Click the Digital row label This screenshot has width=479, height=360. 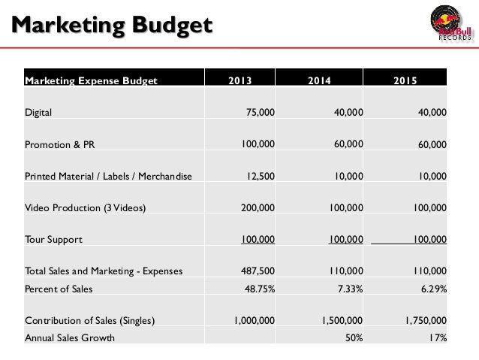tap(38, 113)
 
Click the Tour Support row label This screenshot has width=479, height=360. tap(53, 240)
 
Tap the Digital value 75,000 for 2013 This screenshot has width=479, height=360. tap(261, 113)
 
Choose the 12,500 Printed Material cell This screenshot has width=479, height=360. tap(258, 177)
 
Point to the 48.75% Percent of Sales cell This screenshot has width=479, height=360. tap(259, 288)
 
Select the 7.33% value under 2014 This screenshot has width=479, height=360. tap(348, 288)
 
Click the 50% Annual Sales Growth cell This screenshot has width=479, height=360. tap(354, 338)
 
